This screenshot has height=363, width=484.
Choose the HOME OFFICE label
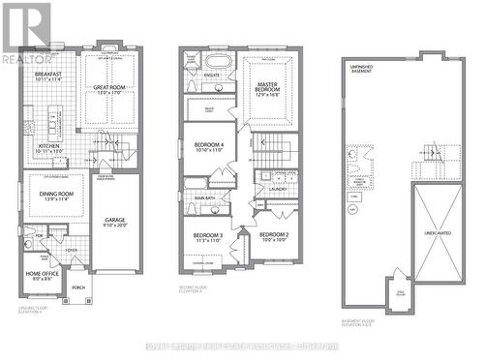click(x=39, y=274)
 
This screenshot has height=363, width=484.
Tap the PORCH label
click(x=78, y=287)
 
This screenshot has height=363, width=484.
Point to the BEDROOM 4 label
click(x=208, y=147)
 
